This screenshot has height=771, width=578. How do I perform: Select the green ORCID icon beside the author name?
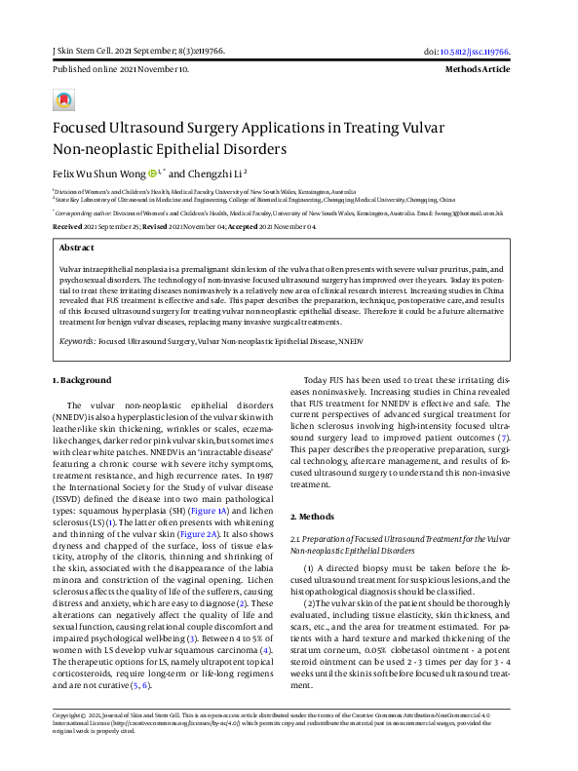pyautogui.click(x=153, y=174)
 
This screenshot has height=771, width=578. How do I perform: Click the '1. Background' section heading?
pyautogui.click(x=81, y=380)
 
